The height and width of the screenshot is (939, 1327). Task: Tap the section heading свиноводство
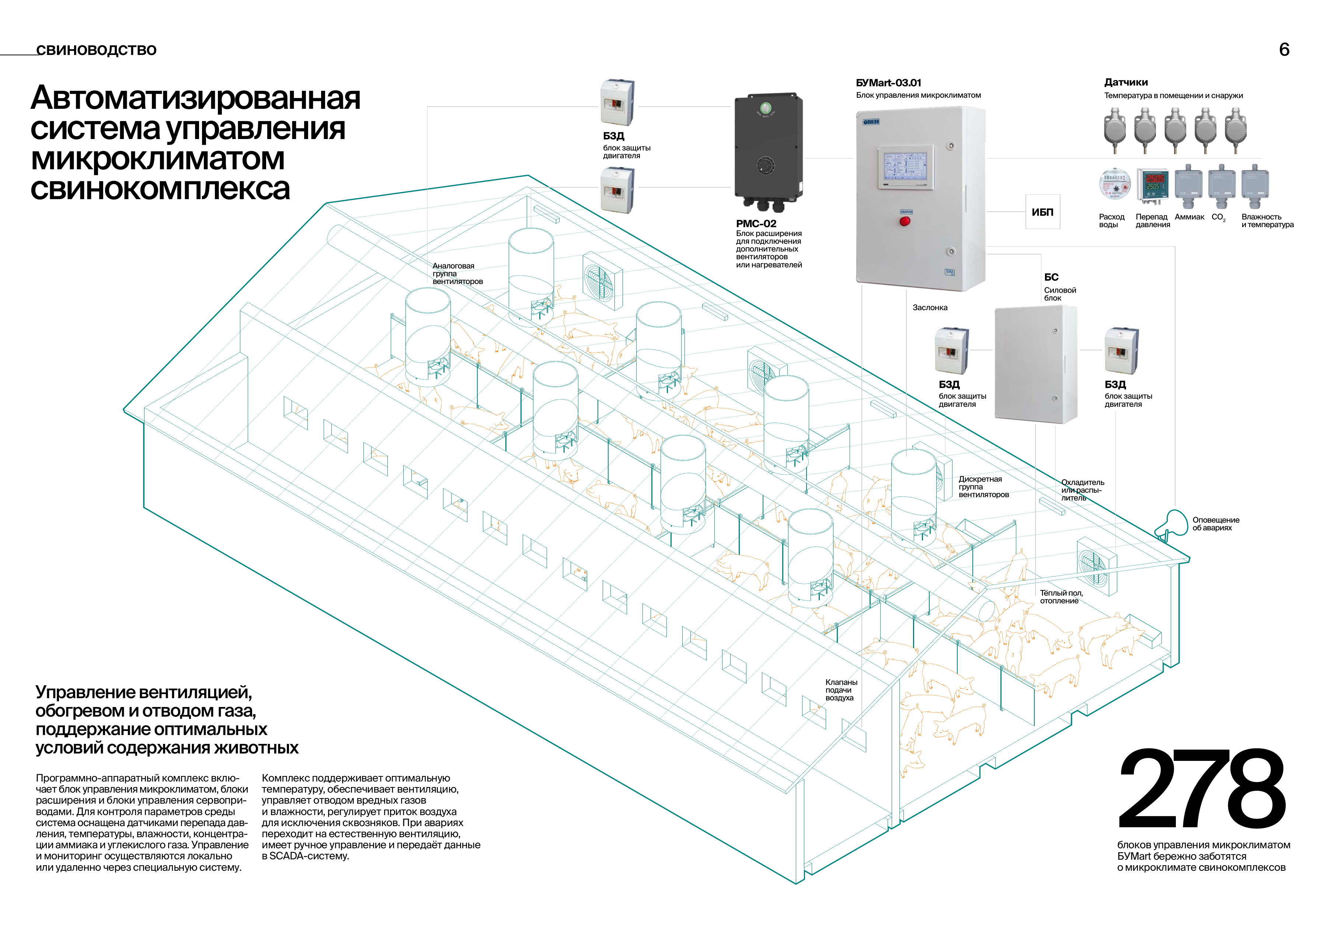pyautogui.click(x=96, y=50)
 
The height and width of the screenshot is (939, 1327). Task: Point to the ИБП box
pyautogui.click(x=1043, y=212)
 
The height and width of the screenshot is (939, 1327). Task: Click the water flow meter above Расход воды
pyautogui.click(x=1114, y=184)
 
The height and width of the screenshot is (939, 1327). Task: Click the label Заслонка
pyautogui.click(x=930, y=308)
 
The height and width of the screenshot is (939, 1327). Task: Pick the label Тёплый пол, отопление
pyautogui.click(x=1061, y=597)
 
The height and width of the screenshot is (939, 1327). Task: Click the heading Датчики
pyautogui.click(x=1126, y=82)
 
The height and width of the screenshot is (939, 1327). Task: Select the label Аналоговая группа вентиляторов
pyautogui.click(x=458, y=274)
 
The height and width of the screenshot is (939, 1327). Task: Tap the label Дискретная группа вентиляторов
pyautogui.click(x=984, y=487)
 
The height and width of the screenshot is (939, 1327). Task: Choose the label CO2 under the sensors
pyautogui.click(x=1218, y=217)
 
